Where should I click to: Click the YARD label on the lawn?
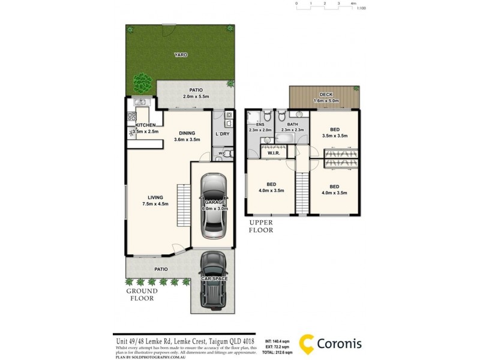point(181,55)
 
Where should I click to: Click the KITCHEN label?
point(145,125)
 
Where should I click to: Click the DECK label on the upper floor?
point(326,95)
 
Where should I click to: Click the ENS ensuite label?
point(260,124)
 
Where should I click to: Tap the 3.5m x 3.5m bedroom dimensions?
point(335,136)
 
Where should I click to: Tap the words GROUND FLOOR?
point(140,295)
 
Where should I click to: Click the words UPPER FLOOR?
point(261,226)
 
